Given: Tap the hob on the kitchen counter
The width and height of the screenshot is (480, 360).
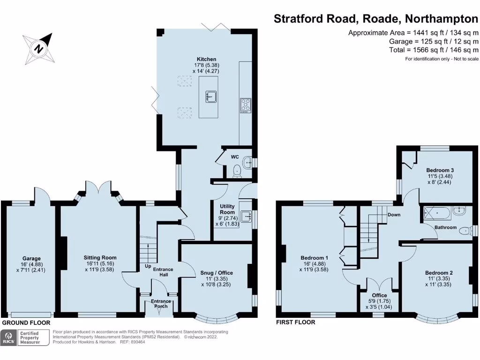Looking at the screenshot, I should pos(245,105).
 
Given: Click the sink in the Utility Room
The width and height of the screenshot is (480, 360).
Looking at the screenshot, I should pos(245,216).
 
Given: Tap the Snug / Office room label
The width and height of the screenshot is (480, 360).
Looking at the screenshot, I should pos(216,272).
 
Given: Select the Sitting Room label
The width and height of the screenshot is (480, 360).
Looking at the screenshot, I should pos(100,257).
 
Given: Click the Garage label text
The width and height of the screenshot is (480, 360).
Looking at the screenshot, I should pos(31,258).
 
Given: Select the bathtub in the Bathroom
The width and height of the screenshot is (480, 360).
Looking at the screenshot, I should pos(437,213).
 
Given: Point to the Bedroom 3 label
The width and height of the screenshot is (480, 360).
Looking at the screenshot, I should pos(440,170).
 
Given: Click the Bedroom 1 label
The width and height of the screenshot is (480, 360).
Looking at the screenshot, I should pos(314,258).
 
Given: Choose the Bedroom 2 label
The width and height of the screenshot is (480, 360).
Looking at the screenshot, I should pos(439,272).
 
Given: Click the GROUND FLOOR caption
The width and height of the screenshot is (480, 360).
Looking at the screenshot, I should pos(26,323).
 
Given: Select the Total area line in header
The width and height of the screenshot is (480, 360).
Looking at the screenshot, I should pos(434,50).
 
